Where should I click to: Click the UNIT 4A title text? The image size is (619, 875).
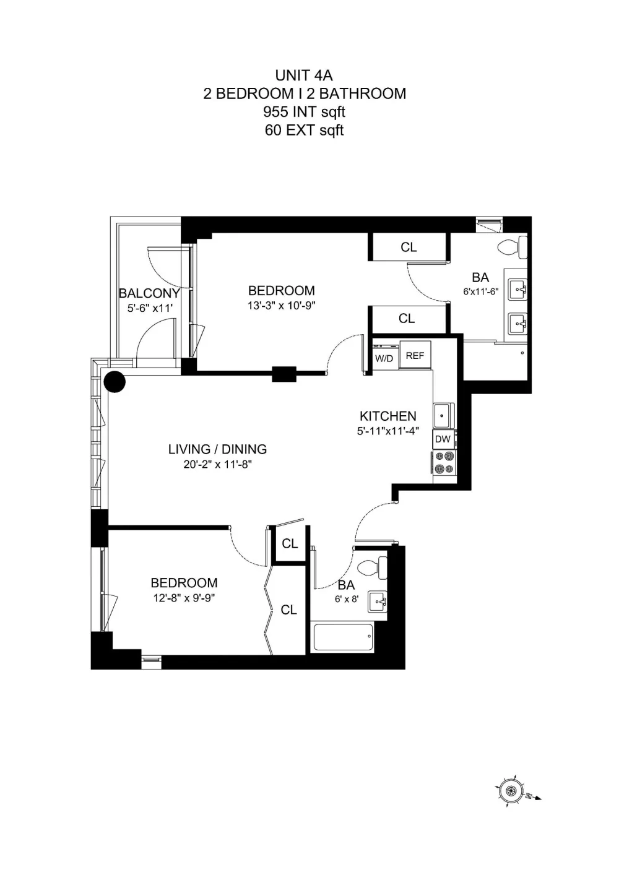pos(304,75)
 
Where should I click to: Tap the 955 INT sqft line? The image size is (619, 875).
pos(304,112)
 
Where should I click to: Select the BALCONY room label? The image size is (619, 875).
pos(149,293)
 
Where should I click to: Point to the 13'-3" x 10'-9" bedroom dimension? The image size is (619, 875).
pos(282,306)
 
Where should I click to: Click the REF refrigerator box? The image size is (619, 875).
pos(415,355)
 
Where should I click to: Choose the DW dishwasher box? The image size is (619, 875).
pos(443,439)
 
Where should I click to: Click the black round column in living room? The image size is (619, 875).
pos(115,381)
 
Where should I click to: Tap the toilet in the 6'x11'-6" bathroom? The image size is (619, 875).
pos(513,248)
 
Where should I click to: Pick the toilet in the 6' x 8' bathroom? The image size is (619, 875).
pos(373,568)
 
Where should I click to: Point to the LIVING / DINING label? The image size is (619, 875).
pos(218,449)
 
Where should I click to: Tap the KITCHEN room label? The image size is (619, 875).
pos(388,416)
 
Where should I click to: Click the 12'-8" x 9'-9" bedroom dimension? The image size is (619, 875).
pos(184,598)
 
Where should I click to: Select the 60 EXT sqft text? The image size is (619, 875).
pos(304,130)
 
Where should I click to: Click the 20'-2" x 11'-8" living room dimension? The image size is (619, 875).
pos(218,465)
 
